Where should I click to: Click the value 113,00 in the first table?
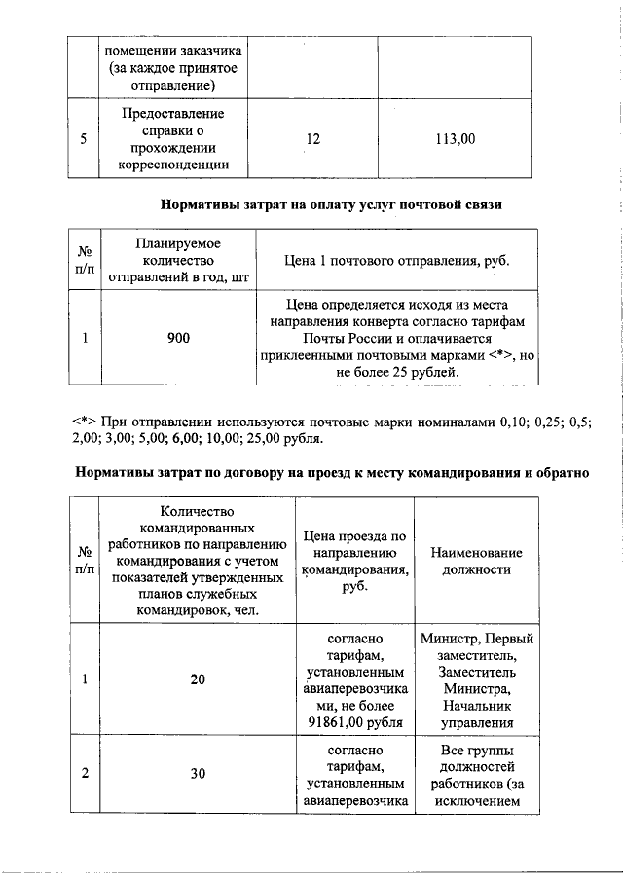click(x=455, y=139)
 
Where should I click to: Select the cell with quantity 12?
click(x=312, y=139)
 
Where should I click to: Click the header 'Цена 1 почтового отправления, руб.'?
click(x=396, y=261)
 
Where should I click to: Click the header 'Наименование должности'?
click(x=476, y=561)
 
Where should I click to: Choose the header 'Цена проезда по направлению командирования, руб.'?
click(x=354, y=562)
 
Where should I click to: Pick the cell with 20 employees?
click(x=198, y=680)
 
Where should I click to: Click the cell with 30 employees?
click(x=198, y=774)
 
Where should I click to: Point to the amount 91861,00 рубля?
click(x=354, y=722)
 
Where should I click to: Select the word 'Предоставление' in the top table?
click(x=172, y=114)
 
